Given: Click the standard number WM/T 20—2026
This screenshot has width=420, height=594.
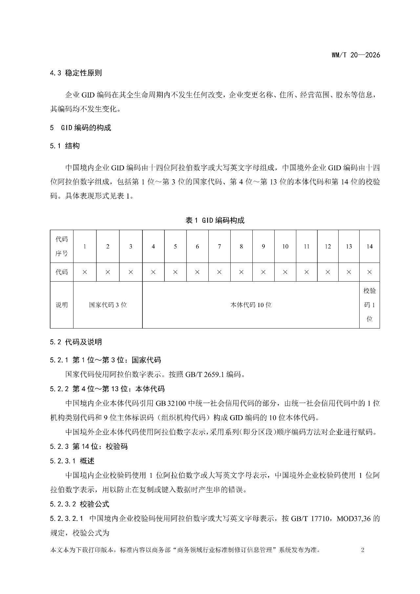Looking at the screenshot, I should coord(356,55).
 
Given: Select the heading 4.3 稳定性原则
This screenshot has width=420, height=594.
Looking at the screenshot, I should coord(76,73).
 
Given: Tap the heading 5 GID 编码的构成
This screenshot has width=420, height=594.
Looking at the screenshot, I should coord(80,128).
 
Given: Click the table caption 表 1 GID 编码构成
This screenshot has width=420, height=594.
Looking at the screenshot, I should coord(215,221).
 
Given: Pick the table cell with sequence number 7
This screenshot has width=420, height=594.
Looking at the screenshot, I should coord(219,246).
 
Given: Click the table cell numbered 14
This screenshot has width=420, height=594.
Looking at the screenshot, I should coord(369,246).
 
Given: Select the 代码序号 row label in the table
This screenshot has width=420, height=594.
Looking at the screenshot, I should coord(62,246).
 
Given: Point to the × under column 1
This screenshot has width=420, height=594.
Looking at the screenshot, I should coord(85,272).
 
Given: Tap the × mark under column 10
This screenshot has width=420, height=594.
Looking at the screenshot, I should coord(285,272).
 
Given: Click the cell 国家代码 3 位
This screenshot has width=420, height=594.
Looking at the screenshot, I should coord(108,305).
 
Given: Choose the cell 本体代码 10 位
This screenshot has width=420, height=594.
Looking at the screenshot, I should coord(251,305).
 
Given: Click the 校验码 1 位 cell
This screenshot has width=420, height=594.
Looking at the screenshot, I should coord(369,305).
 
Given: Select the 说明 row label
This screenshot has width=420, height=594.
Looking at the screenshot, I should coord(62,305).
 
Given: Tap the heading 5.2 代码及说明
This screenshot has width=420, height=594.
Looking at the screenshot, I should coord(76,342).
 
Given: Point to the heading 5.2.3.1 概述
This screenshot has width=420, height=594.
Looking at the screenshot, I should coord(72,461).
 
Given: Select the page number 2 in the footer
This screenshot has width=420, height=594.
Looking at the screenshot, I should coord(363,550).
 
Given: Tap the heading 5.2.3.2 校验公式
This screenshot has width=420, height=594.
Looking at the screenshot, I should coord(80,504).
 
